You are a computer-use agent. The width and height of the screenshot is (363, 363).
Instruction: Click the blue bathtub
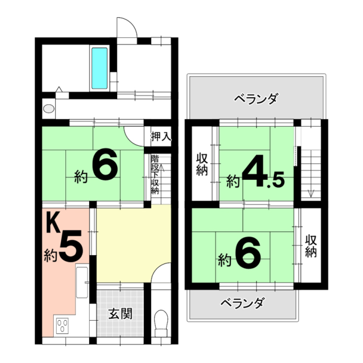point(99,68)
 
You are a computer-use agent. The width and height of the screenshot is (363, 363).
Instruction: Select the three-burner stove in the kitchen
point(62,326)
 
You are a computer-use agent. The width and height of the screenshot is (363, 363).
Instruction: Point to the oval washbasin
point(49,109)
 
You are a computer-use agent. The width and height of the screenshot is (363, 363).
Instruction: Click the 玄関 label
point(120,314)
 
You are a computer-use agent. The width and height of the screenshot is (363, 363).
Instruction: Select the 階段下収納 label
point(155,175)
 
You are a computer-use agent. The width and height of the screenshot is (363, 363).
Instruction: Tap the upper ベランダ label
point(256,99)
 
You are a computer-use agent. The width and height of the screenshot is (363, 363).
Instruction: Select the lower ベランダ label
point(242,303)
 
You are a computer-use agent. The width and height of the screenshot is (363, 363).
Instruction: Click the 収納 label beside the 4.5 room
point(202,165)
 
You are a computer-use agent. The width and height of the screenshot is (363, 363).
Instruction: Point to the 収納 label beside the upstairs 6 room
point(311,246)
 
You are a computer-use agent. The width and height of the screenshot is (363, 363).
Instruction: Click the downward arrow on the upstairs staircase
point(311,190)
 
